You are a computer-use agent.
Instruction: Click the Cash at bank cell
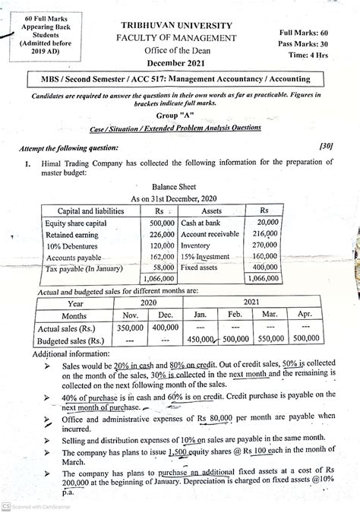coord(201,223)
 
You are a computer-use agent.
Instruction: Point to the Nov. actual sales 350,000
coord(130,328)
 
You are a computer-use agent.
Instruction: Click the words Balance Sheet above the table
coord(175,185)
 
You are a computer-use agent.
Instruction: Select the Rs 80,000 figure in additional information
coord(193,416)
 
